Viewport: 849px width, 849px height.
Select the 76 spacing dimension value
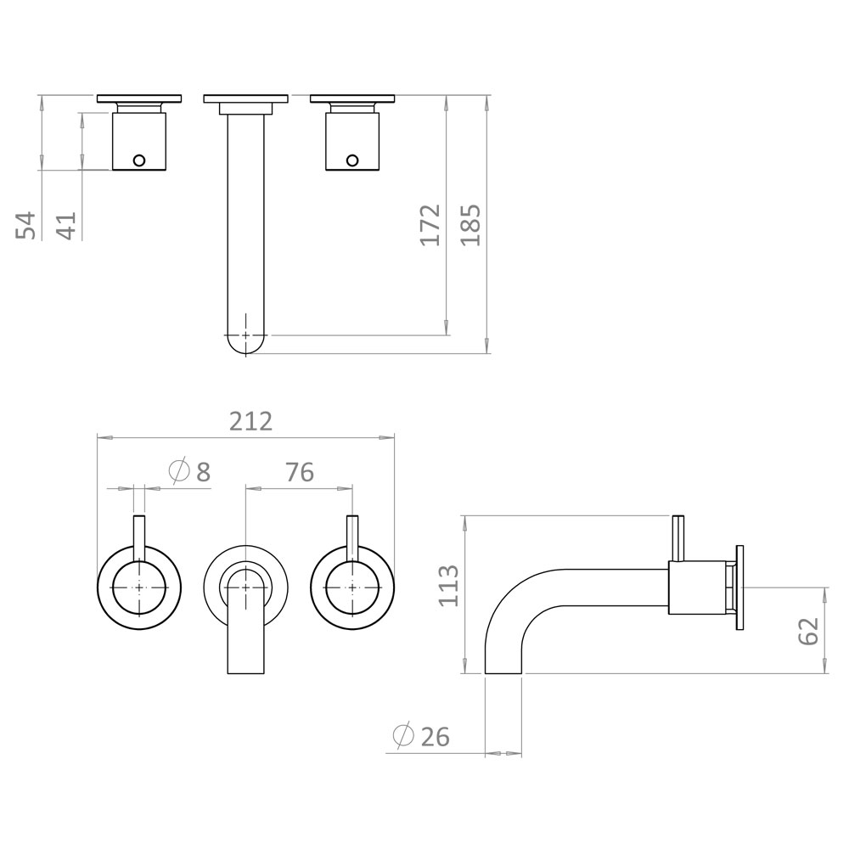[299, 472]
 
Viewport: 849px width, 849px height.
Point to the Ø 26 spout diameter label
[421, 736]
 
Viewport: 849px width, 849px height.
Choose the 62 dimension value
[808, 630]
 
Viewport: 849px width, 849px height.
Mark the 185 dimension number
[470, 225]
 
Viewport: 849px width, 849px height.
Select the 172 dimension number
[431, 225]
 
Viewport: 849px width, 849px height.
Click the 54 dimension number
[28, 225]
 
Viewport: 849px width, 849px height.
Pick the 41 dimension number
[66, 225]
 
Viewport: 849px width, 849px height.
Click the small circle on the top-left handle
[139, 160]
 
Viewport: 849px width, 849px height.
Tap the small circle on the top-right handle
[351, 160]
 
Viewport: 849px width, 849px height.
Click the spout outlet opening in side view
[503, 672]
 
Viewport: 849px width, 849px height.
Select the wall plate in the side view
[740, 587]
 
